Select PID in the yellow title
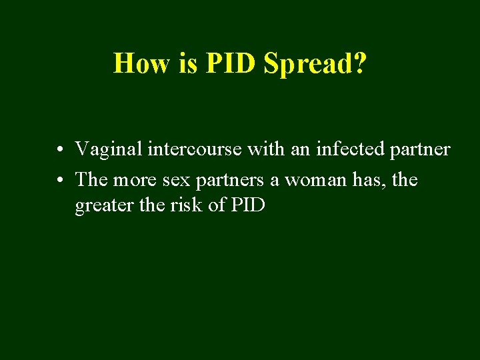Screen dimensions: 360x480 [x=231, y=63]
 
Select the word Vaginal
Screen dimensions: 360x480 [x=108, y=150]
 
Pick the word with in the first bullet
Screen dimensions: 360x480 [x=267, y=149]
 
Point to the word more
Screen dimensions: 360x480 [x=137, y=179]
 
